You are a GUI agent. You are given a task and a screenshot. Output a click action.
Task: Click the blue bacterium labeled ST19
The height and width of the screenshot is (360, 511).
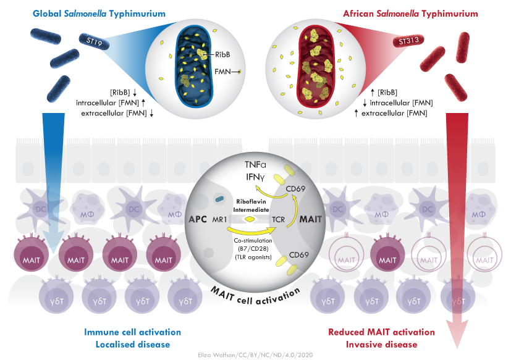pos(94,41)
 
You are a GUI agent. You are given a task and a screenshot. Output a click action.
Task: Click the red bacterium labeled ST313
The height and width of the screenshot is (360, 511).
pos(408,41)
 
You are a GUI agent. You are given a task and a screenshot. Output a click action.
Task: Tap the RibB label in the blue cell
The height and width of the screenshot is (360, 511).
pos(222,54)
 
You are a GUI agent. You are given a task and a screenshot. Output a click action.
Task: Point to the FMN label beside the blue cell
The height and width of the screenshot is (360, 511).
pos(222,72)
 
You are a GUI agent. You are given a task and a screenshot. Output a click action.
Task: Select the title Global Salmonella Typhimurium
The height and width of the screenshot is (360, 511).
pos(99,14)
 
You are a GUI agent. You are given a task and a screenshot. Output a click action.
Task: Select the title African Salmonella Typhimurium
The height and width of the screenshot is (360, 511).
pos(410,14)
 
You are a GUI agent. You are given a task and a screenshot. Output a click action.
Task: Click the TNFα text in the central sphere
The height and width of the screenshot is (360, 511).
pos(256,164)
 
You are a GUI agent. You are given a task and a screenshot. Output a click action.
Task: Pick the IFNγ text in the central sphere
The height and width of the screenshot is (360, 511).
pos(255,177)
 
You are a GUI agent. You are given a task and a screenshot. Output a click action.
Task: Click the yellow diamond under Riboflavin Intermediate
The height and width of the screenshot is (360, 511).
pos(250,219)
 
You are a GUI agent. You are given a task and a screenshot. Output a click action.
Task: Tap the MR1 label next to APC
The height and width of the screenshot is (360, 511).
pos(219,220)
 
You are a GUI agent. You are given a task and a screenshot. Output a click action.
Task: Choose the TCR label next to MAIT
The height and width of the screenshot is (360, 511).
pos(278,220)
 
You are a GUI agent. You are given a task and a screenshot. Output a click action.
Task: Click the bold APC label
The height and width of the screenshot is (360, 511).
pos(198,219)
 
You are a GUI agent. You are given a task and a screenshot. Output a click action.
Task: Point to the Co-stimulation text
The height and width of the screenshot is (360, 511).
pos(253,241)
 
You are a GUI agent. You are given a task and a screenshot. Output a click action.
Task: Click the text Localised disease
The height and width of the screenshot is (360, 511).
pos(133,345)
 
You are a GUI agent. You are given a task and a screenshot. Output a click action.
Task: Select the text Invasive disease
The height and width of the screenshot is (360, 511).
pos(381,345)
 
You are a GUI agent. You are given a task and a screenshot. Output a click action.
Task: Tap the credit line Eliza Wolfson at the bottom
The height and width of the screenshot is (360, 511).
pos(255,355)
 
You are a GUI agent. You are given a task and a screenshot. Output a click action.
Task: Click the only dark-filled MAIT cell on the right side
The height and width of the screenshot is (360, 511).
pos(387,254)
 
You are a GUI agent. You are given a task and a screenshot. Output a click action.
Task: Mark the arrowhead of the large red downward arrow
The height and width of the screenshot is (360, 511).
pos(457,334)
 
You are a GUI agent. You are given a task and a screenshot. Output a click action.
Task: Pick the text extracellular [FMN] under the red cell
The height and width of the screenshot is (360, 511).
pos(394,113)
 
